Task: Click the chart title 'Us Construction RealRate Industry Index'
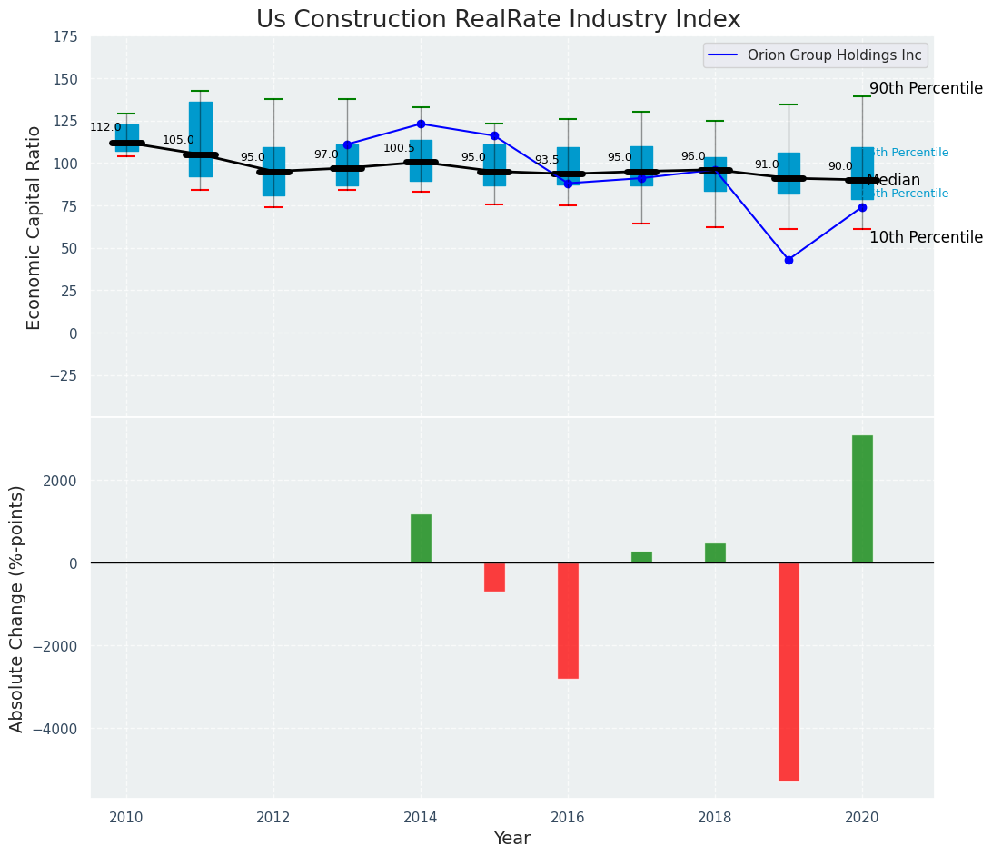coord(498,20)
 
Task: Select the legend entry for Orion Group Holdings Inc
coord(834,55)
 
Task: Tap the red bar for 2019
coord(789,672)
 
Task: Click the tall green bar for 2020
coord(862,499)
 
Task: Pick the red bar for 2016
coord(568,620)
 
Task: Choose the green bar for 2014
coord(421,539)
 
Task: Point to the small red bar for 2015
coord(494,577)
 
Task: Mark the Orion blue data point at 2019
coord(789,260)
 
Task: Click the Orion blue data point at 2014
coord(421,124)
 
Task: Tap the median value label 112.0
coord(105,127)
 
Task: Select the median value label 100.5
coord(399,148)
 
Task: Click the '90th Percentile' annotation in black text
coord(926,88)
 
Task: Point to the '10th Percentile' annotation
coord(926,237)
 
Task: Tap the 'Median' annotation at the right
coord(894,180)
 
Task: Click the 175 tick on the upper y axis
coord(65,37)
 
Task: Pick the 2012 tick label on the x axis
coord(273,818)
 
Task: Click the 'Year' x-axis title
coord(511,839)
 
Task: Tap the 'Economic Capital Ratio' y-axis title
coord(35,227)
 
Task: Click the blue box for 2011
coord(200,139)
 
